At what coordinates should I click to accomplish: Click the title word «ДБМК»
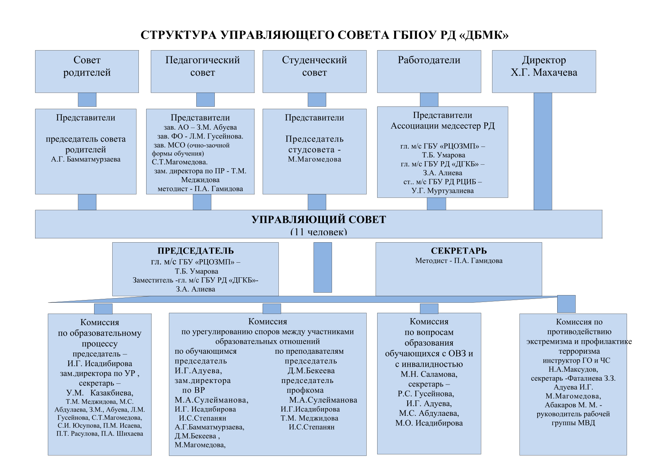tap(484, 35)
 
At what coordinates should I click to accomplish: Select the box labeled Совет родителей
tap(87, 72)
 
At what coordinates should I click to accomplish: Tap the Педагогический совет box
tap(202, 72)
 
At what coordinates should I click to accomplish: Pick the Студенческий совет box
tap(314, 72)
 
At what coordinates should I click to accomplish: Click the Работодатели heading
tap(429, 60)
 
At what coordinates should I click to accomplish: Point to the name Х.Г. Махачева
tap(544, 73)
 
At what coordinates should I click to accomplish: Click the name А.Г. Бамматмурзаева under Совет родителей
tap(86, 159)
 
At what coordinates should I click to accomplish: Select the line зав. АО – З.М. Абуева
tap(200, 127)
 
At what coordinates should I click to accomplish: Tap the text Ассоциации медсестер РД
tap(442, 126)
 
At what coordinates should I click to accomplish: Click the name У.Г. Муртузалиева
tap(442, 191)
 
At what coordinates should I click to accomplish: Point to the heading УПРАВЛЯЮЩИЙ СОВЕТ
tap(319, 219)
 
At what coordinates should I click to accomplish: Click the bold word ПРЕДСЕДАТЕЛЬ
tap(196, 251)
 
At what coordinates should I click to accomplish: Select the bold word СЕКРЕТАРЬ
tap(459, 251)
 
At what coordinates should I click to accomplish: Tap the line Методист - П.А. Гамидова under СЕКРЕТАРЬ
tap(459, 260)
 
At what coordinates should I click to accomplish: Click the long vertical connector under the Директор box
tap(543, 151)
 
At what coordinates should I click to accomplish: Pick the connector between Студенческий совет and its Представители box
tap(317, 100)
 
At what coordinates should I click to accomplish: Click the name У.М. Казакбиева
tap(99, 393)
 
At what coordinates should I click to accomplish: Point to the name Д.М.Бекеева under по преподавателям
tap(311, 371)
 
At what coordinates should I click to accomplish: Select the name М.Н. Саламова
tap(429, 374)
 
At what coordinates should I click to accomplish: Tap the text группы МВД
tap(573, 423)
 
